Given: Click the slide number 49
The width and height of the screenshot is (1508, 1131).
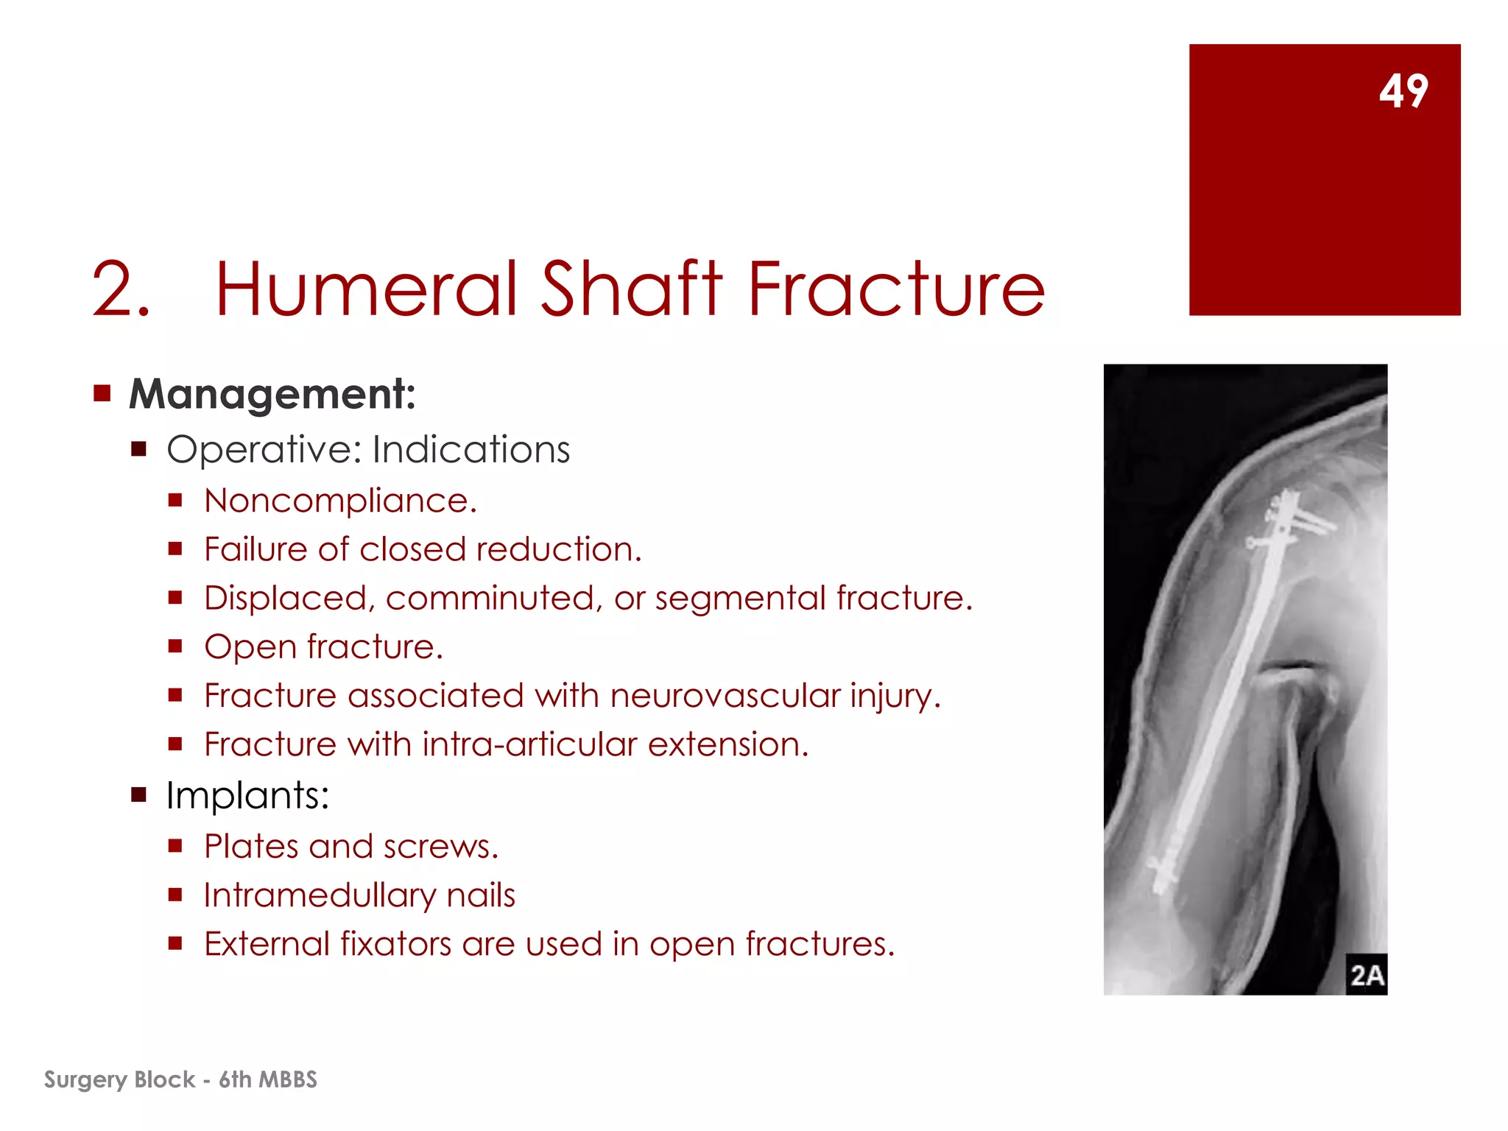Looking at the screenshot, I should click(x=1403, y=91).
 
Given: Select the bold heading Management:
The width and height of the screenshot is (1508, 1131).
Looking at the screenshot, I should click(x=272, y=394).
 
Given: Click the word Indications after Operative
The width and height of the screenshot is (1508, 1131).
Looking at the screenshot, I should click(x=471, y=449).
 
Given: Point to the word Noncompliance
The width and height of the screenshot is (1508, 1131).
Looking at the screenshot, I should click(x=340, y=501).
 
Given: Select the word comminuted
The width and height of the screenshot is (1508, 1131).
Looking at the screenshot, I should click(x=490, y=599).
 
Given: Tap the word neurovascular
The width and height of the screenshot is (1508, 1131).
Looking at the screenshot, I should click(x=725, y=696).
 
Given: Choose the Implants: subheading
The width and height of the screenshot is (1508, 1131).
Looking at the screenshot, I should click(x=247, y=795).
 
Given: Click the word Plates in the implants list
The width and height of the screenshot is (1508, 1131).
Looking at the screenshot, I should click(x=250, y=847).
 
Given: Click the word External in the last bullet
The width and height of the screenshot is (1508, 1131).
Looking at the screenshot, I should click(x=266, y=945).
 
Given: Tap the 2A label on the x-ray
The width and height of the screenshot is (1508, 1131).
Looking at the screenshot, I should click(x=1366, y=975).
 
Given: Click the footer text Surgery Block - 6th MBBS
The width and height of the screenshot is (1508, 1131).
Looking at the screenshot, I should click(x=180, y=1079).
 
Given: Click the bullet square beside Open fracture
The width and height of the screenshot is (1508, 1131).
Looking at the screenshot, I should click(x=175, y=646).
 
